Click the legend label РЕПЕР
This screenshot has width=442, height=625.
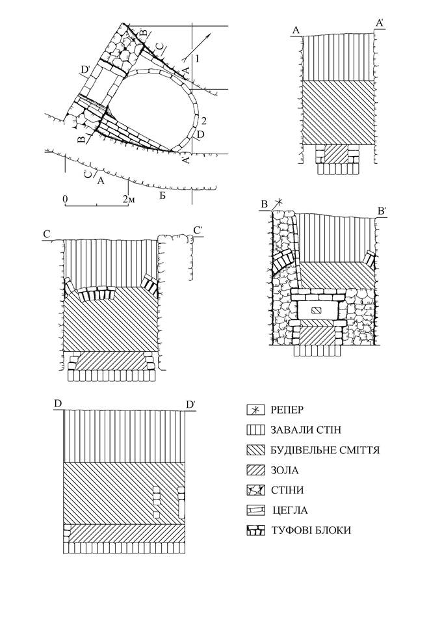coord(287,410)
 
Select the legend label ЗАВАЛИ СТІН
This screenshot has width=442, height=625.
coord(305,430)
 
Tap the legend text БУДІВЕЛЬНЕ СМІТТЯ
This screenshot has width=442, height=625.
coord(325,451)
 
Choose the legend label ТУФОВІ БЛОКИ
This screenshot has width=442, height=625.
coord(311,531)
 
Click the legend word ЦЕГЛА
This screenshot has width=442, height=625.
coord(291,510)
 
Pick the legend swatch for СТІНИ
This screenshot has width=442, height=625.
coord(255,490)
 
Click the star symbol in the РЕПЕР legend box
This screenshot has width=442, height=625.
coord(255,410)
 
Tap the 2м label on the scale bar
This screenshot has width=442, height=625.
coord(129,198)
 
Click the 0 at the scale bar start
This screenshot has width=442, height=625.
coord(65,198)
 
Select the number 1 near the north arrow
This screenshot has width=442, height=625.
coord(198,59)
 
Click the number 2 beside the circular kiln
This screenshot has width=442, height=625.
coord(204,120)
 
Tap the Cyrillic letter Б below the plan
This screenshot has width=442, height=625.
coord(162,195)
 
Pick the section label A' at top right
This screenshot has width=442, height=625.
coord(380,24)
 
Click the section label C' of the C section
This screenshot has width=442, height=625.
coord(198,230)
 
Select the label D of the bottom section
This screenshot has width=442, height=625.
coord(58,404)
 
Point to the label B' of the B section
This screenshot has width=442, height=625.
coord(382,211)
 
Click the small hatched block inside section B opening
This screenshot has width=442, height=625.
coord(317,310)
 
